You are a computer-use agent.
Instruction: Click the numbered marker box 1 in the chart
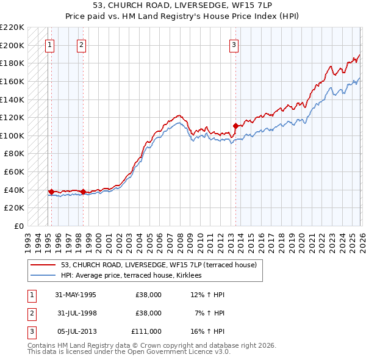coord(49,44)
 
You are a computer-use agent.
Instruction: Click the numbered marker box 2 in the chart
coord(81,44)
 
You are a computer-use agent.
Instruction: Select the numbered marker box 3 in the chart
coord(234,44)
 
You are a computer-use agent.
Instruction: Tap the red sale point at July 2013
coord(235,126)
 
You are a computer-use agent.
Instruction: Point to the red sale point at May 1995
coord(51,192)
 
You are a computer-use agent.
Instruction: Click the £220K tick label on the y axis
coord(12,27)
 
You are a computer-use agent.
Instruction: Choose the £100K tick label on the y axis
coord(12,135)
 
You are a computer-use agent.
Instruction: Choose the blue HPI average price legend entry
coord(135,275)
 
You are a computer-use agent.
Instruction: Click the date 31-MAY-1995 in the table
coord(75,295)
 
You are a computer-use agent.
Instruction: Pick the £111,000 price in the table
coord(146,331)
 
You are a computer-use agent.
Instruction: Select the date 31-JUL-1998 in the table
coord(75,313)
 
